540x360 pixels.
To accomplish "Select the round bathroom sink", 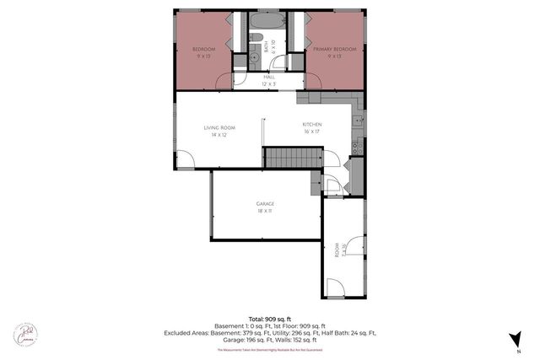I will point(254,58).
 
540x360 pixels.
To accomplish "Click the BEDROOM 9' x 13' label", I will point(204,53).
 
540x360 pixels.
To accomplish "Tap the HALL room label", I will point(269,81).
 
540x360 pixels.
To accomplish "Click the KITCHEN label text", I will point(313,128).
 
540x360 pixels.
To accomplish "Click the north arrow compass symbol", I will point(513,340).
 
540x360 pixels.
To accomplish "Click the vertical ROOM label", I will point(337,252).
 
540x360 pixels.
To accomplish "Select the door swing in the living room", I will point(183,158).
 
